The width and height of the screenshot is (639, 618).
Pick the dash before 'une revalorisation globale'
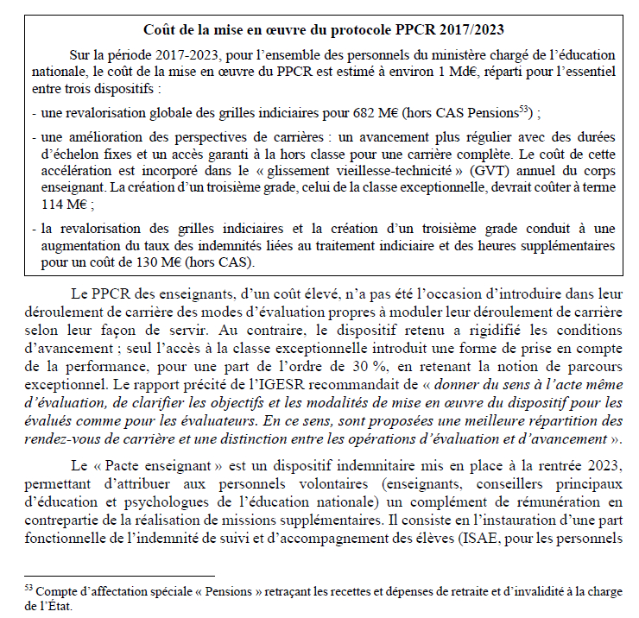coord(33,113)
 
